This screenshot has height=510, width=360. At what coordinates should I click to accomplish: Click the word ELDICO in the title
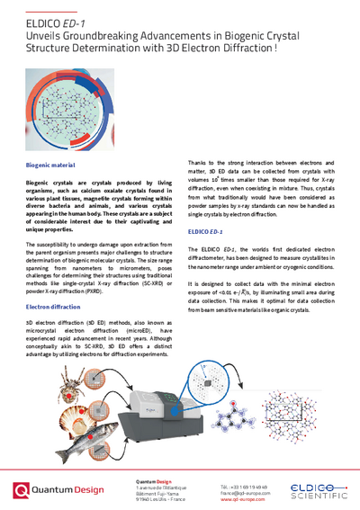46,18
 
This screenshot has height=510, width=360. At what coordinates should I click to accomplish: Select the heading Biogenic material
52,166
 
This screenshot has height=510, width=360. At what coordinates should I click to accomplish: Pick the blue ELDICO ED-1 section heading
206,232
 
